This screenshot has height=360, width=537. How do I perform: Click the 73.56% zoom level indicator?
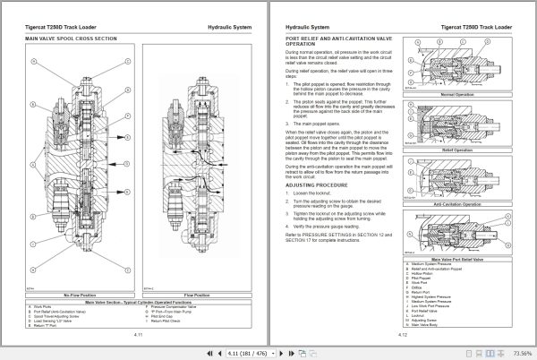[x=518, y=352]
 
